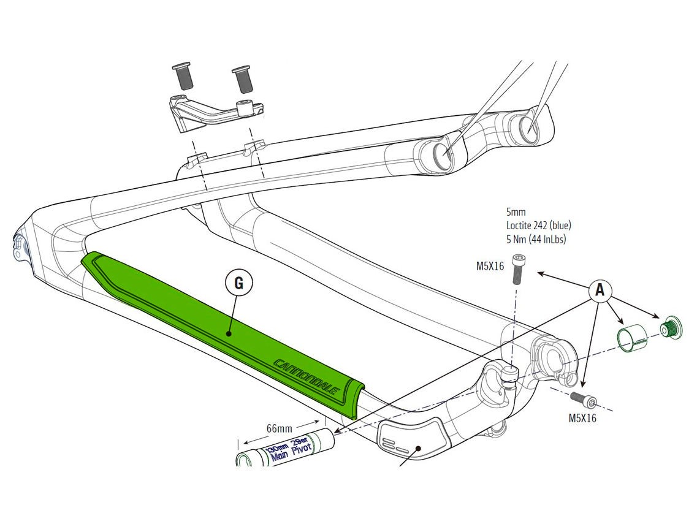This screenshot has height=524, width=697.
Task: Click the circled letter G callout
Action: point(238,283)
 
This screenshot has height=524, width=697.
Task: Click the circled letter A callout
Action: point(600,290)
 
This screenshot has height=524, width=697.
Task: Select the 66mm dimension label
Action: point(279,428)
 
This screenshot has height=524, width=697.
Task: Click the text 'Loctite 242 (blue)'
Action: point(539,226)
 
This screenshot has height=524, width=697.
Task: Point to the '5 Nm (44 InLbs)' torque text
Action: point(536,239)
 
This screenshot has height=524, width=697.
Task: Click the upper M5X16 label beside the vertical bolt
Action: point(490,266)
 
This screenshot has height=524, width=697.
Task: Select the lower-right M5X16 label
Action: point(582,418)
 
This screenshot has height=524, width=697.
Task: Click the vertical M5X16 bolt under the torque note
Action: point(517,268)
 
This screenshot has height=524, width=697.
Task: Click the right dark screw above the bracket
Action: point(241,79)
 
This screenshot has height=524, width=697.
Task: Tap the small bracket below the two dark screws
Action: point(213,113)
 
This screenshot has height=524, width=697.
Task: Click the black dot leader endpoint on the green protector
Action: point(227,333)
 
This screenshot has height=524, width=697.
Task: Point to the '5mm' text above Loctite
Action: point(516,211)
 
